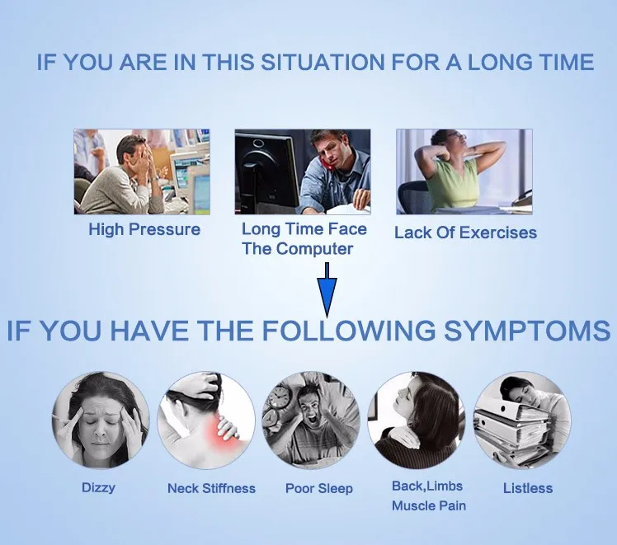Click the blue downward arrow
(327, 290)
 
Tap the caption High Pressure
(144, 229)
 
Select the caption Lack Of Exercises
(465, 233)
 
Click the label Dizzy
(98, 488)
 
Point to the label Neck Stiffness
(211, 488)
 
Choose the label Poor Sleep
(318, 489)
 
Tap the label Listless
(528, 488)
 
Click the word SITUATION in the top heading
(323, 62)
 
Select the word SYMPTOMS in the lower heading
(527, 331)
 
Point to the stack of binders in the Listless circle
(510, 430)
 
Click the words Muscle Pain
(429, 505)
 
